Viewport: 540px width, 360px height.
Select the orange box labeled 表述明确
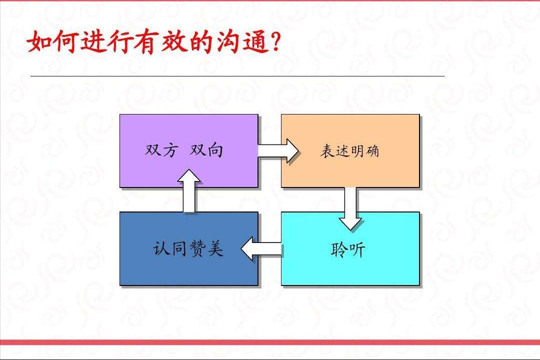click(350, 170)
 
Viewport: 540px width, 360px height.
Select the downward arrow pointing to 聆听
click(350, 208)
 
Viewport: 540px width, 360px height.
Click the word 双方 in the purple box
click(161, 150)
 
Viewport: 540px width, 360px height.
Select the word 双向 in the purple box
click(206, 150)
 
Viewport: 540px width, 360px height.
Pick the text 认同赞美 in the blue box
click(188, 248)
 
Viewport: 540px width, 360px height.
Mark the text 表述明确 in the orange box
click(349, 151)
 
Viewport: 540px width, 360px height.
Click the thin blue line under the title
click(237, 76)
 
